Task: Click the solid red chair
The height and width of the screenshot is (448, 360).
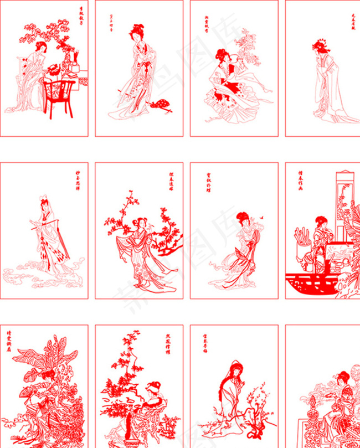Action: point(58,97)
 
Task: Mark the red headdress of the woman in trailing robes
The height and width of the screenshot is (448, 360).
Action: point(320,45)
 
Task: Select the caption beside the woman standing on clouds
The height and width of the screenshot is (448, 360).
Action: point(77,183)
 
